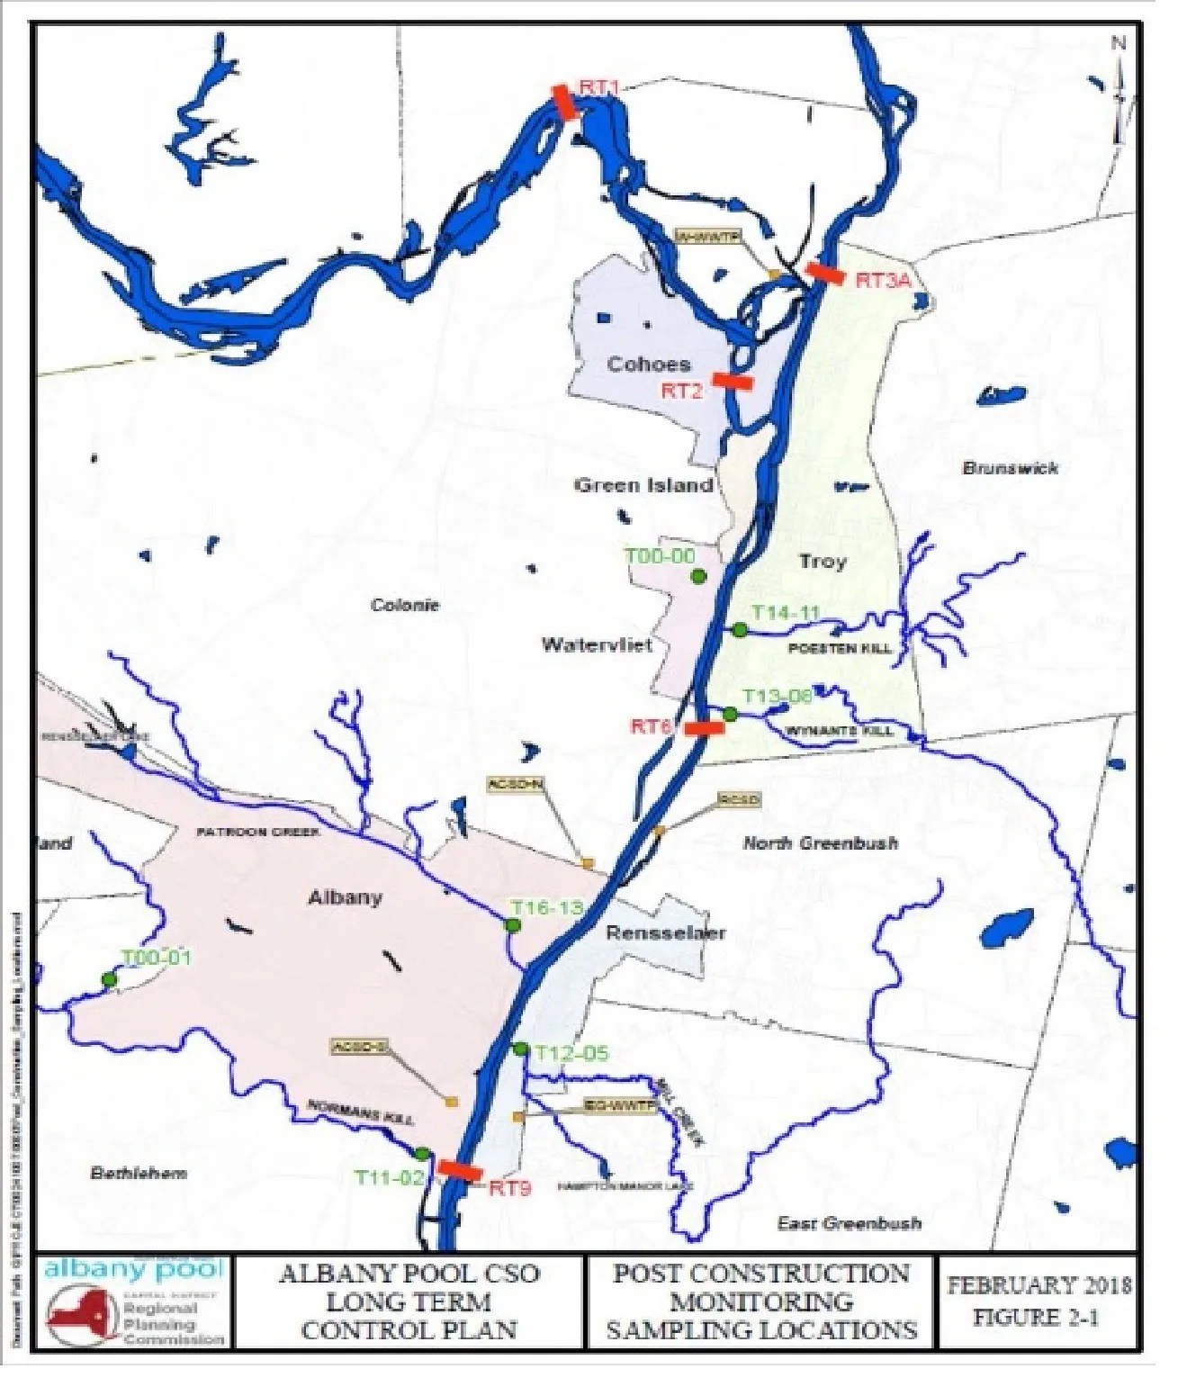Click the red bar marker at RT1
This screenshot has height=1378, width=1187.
pos(564,103)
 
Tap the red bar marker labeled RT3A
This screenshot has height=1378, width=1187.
pos(824,273)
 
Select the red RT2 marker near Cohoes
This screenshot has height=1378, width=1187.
pos(733,382)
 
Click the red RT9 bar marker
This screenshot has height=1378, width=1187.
pos(460,1170)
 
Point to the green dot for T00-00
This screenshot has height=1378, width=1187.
pos(698,576)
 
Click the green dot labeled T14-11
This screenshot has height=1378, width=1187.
pos(740,630)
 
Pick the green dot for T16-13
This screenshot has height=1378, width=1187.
pos(513,925)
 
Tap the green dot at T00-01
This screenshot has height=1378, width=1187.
pos(109,979)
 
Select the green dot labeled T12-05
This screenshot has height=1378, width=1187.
pos(520,1049)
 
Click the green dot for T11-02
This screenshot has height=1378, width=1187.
pos(421,1153)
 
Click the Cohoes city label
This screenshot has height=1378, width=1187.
pos(648,365)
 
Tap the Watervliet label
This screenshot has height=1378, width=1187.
pos(597,644)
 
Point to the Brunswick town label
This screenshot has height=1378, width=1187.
pos(1010,468)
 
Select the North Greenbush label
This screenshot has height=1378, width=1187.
pos(820,843)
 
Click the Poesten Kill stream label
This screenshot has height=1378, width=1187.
pos(840,648)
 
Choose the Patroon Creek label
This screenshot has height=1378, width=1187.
pos(258,832)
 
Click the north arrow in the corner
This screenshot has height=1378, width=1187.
pos(1119,90)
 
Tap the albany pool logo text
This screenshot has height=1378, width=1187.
pos(133,1269)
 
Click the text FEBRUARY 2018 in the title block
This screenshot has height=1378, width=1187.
pos(1039,1285)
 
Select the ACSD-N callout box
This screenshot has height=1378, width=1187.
pos(515,785)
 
